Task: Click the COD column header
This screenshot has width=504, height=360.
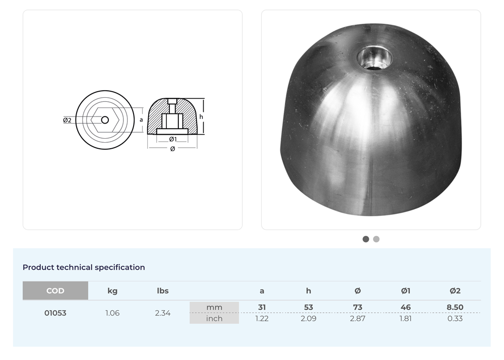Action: (x=55, y=290)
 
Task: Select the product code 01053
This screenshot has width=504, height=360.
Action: (x=55, y=313)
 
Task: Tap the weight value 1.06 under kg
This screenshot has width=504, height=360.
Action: (x=112, y=313)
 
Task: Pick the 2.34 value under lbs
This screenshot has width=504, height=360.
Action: (x=163, y=313)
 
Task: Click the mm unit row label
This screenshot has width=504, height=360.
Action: (x=214, y=307)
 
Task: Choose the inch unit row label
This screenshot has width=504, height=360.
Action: (x=214, y=318)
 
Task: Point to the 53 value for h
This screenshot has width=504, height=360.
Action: (x=308, y=307)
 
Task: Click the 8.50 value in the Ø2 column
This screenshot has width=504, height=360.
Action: (x=455, y=307)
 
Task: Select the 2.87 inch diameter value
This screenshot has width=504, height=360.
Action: (x=357, y=318)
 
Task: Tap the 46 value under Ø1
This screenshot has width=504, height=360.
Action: (x=406, y=307)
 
